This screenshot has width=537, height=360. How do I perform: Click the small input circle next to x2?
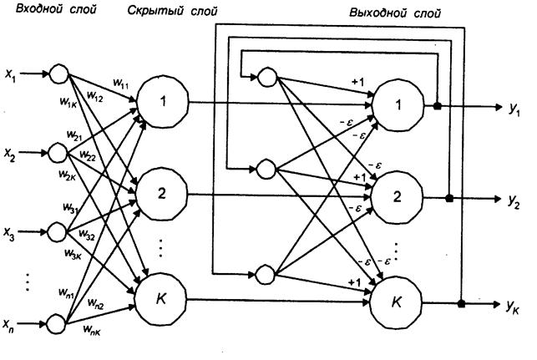click(58, 152)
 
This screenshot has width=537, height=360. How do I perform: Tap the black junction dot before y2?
click(450, 199)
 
